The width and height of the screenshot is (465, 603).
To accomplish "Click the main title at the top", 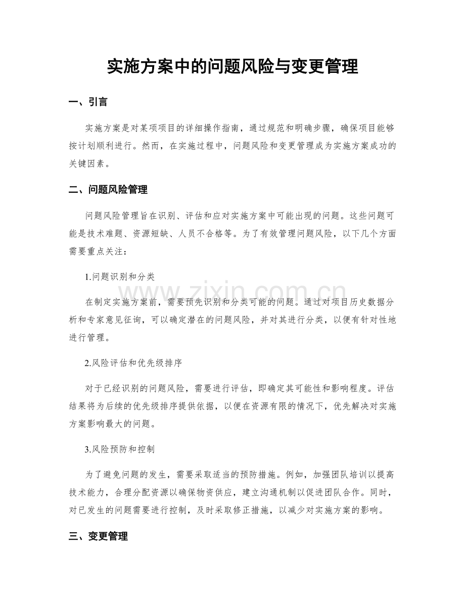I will coord(232,66).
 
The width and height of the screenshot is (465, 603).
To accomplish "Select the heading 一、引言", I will coord(87,102).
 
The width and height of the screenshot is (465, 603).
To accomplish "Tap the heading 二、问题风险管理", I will coord(108,190).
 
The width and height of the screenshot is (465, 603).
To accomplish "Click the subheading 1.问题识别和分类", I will coord(120,277).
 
